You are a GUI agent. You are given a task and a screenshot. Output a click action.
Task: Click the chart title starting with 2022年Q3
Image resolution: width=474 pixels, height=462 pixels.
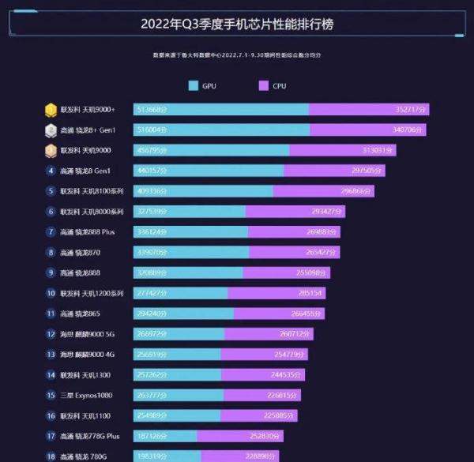coord(237,24)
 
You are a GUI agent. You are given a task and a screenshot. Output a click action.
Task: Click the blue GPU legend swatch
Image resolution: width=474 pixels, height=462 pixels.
coord(193,85)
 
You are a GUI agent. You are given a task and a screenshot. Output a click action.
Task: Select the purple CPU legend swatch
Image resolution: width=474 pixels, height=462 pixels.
coord(263,85)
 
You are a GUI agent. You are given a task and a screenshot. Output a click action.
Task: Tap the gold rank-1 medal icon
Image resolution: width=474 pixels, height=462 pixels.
coord(51,109)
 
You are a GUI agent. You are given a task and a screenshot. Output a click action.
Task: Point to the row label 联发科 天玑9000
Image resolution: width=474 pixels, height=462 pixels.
coord(86,150)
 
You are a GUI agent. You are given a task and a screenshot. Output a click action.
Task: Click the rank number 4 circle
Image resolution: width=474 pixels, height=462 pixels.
coord(51,171)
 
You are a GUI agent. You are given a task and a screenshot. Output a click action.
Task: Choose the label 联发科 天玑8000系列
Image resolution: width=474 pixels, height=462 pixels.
coord(92,212)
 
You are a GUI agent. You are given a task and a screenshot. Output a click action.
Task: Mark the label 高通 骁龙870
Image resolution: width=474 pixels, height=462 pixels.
coord(81,253)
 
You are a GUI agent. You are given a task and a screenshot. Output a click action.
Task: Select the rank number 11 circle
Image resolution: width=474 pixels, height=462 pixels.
coord(51,314)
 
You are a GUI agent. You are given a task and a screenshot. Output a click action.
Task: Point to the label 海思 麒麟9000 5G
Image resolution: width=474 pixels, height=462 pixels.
coord(87,334)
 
